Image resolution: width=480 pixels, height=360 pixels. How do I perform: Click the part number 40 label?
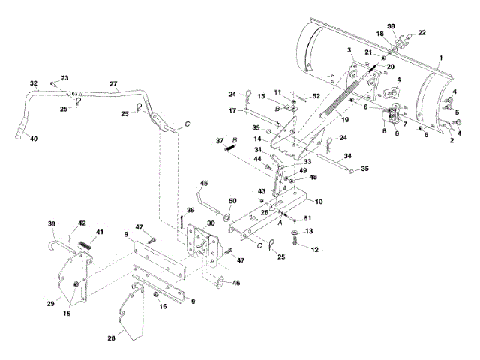point(34,139)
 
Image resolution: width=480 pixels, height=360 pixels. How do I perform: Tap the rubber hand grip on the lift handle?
point(21,130)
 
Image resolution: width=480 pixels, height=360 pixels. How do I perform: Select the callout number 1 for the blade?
point(441,58)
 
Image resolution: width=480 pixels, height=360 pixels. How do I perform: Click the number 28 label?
point(112,338)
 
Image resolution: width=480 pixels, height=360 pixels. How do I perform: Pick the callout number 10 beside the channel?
point(319,202)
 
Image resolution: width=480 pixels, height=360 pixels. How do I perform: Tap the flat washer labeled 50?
point(227,217)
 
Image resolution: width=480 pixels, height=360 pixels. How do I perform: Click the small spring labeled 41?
point(85,245)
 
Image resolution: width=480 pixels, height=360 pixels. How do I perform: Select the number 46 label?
point(236,283)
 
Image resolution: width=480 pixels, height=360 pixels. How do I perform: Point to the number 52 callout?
point(316,96)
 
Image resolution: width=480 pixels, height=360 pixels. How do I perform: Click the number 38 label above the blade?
point(391,26)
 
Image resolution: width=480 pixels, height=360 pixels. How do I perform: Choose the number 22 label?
point(421,33)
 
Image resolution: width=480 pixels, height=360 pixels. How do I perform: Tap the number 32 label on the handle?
point(34,83)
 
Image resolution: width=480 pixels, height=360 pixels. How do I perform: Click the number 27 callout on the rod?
point(113,83)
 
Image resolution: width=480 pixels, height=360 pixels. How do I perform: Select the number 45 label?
point(203,183)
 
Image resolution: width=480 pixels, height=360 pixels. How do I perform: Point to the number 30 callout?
point(211,223)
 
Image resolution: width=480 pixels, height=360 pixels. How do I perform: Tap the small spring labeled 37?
point(230,147)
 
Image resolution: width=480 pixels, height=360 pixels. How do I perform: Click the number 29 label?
point(51,303)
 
